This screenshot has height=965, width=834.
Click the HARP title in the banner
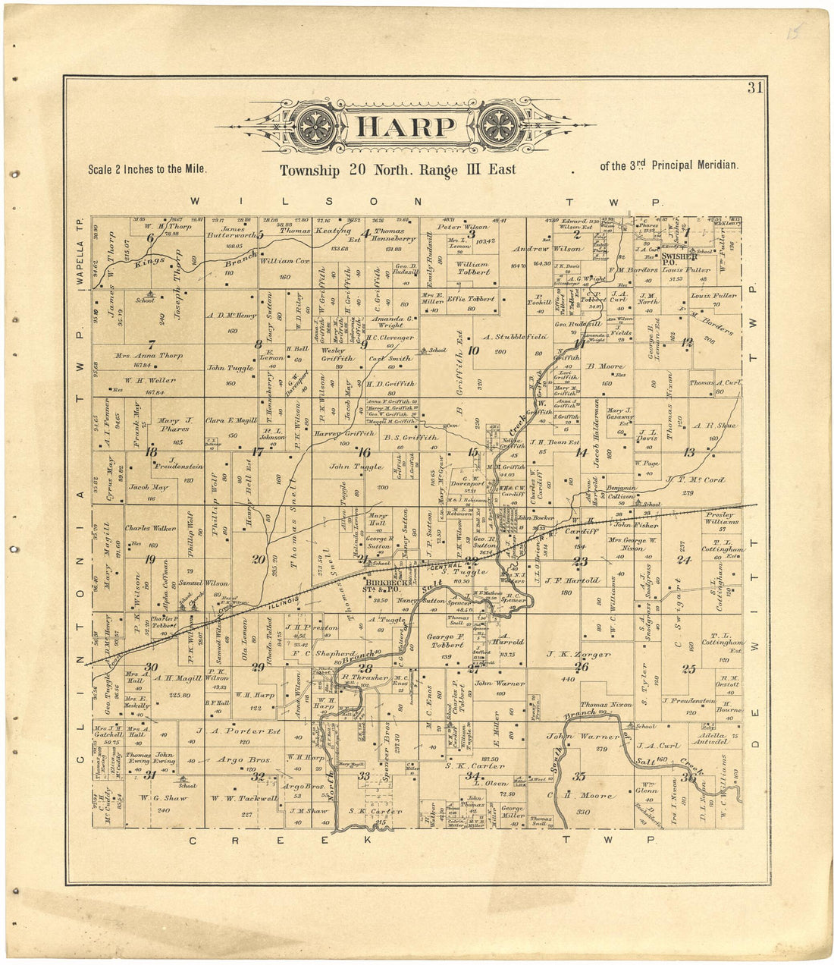404,126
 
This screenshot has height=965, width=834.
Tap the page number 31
754,87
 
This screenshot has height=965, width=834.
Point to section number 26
582,667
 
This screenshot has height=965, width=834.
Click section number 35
580,776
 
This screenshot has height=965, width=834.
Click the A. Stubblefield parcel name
516,336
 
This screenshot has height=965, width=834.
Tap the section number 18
151,451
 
